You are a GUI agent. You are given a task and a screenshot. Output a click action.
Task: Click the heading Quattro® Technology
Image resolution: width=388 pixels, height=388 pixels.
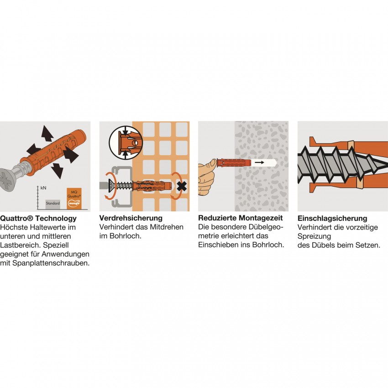[x=38, y=218]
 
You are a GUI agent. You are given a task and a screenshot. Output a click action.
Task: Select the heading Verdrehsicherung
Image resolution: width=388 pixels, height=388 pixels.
[x=131, y=218]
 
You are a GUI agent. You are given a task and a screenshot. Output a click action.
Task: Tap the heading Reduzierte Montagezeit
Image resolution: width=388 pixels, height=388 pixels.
[x=240, y=218]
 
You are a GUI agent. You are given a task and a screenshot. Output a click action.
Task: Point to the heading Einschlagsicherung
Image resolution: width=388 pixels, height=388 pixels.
[x=332, y=219]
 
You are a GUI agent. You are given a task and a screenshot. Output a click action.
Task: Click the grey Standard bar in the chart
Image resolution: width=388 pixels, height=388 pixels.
[x=52, y=204]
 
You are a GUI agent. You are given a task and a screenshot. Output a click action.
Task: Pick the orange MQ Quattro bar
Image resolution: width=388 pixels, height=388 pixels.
[x=74, y=199]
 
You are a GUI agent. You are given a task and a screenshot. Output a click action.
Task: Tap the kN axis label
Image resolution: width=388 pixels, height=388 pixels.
[x=43, y=188]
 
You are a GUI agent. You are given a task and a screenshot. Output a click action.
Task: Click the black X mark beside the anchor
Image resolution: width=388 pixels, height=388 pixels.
[x=182, y=186]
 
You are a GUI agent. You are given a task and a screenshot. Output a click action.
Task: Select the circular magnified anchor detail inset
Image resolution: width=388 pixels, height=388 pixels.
[x=126, y=142]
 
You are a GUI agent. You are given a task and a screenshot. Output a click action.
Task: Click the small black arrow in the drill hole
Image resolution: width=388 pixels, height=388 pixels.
[x=259, y=163]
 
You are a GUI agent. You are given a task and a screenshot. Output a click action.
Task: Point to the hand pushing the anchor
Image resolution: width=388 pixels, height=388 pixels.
[x=207, y=175]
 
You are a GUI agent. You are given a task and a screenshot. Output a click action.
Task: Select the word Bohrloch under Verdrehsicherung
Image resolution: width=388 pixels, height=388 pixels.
[x=125, y=236]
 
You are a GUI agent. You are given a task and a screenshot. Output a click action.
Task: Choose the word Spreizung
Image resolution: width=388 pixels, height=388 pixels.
[x=314, y=236]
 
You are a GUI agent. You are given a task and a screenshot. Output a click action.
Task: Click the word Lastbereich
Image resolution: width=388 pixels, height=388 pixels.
[x=20, y=245]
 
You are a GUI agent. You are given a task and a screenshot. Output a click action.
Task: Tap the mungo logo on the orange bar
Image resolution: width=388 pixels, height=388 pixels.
[x=74, y=204]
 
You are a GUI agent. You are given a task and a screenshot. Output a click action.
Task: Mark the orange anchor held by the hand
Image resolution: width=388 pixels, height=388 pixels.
[x=234, y=163]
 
